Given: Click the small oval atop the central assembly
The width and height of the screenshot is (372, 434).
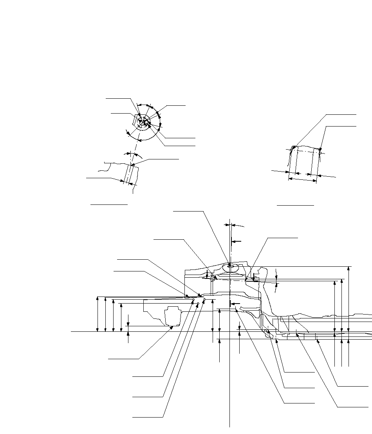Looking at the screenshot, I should click(229, 267).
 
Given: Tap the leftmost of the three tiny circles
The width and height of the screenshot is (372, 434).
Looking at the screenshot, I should click(193, 300).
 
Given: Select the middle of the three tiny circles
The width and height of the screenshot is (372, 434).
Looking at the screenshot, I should click(199, 303).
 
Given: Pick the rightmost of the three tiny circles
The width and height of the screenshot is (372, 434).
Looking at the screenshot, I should click(204, 299).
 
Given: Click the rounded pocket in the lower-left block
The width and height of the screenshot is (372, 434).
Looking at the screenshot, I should click(173, 316).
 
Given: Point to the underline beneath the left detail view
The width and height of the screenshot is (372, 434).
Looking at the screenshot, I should click(109, 204).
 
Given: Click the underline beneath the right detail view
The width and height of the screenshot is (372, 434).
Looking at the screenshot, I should click(295, 204).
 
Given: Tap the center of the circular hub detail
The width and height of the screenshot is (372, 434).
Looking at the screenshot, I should click(144, 123).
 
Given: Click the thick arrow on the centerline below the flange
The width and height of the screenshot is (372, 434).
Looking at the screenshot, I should click(235, 304).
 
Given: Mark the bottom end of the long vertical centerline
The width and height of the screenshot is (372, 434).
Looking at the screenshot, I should click(229, 426).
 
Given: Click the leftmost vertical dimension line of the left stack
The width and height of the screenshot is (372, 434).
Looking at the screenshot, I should click(98, 314).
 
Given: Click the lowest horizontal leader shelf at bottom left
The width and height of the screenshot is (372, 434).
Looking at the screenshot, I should click(148, 418).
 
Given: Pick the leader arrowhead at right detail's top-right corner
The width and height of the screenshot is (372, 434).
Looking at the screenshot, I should click(320, 150).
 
